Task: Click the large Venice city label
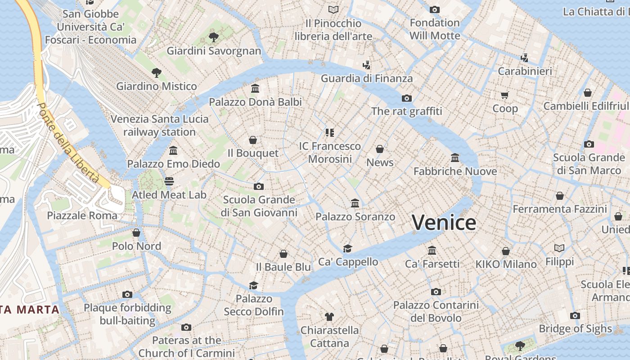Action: tap(444, 223)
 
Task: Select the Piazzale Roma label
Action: tap(82, 216)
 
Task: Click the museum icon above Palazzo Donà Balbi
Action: tap(255, 88)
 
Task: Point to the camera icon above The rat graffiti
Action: tap(406, 98)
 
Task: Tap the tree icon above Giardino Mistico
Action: tap(156, 72)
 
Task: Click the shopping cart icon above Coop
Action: tap(504, 95)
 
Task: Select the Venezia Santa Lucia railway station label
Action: tap(160, 126)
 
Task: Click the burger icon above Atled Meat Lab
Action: tap(169, 181)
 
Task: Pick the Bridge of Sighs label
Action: tap(575, 329)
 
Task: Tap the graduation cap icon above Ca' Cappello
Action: tap(347, 248)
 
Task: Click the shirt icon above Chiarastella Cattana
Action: tap(329, 317)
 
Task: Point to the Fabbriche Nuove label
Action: tap(455, 171)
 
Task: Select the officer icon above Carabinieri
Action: tap(524, 58)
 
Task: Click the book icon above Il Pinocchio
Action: tap(333, 9)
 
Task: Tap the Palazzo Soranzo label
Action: tap(355, 217)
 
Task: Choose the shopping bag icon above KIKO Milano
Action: tap(506, 251)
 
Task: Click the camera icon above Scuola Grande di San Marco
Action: tap(589, 144)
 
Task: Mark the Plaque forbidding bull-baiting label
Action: tap(127, 314)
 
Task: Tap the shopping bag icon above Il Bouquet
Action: tap(253, 140)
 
